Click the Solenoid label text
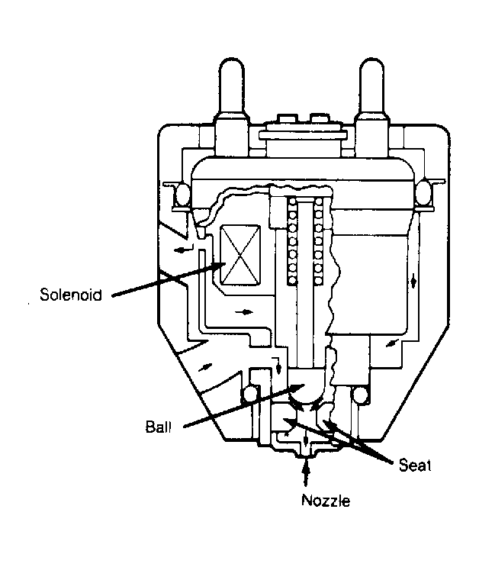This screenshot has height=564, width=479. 71,295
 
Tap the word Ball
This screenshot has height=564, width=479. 158,427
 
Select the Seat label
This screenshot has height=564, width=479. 415,466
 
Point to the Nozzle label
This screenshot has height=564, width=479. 326,501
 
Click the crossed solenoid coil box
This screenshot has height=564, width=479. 239,255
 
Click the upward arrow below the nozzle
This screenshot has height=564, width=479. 306,472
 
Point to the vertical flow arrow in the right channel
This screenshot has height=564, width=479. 414,280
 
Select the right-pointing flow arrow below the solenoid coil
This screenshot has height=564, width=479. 244,311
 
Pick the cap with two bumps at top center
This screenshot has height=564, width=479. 303,135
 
